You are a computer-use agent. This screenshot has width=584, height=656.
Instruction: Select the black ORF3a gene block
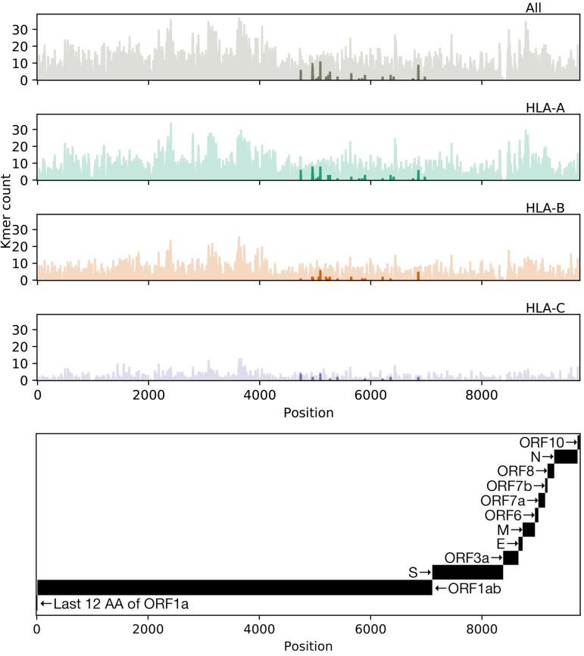pyautogui.click(x=511, y=558)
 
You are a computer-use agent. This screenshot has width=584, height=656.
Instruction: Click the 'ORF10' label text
pyautogui.click(x=540, y=442)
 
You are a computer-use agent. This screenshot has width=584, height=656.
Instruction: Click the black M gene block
pyautogui.click(x=529, y=529)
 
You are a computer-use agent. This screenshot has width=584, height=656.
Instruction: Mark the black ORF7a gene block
pyautogui.click(x=542, y=500)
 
